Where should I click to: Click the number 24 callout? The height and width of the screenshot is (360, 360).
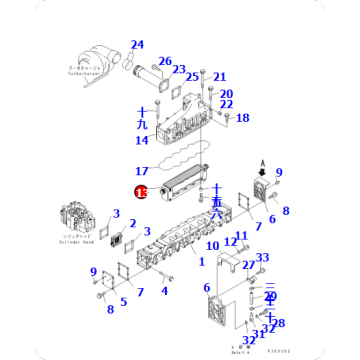[137, 45]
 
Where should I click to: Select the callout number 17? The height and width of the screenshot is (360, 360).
[141, 171]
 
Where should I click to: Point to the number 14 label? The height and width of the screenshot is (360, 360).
[141, 141]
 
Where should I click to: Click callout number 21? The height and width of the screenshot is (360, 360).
[220, 77]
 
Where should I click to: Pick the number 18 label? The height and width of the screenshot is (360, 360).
[242, 118]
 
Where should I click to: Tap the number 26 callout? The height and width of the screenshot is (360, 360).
[165, 61]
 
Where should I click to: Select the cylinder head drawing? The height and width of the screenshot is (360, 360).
[78, 224]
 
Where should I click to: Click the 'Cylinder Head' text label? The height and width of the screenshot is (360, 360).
[80, 251]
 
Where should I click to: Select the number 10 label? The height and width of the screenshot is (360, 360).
[212, 245]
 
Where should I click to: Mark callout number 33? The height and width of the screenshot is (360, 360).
[262, 258]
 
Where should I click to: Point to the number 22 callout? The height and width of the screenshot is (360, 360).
[226, 105]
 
